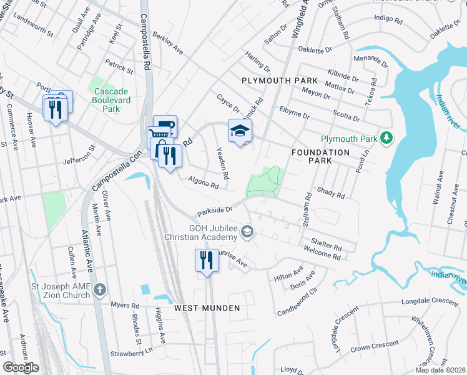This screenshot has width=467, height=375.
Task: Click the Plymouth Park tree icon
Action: [387, 137]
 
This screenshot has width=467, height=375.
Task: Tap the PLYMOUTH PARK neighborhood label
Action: [280, 81]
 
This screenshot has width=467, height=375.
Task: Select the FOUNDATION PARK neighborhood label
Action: [320, 157]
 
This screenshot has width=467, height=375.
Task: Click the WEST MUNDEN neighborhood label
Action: [207, 308]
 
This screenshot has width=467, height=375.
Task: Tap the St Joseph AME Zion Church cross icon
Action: [102, 290]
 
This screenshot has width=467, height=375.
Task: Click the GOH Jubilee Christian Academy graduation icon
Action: [248, 232]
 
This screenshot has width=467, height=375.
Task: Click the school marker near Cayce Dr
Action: [240, 131]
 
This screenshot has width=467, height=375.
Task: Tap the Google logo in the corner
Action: [21, 367]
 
